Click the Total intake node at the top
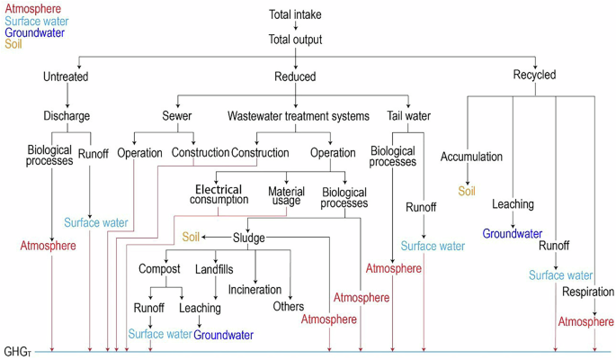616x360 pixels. pyautogui.click(x=295, y=14)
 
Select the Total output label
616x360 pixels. pyautogui.click(x=295, y=40)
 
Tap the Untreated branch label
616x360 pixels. pyautogui.click(x=66, y=76)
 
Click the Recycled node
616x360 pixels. pyautogui.click(x=534, y=75)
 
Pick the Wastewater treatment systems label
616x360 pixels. pyautogui.click(x=299, y=116)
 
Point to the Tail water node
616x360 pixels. pyautogui.click(x=408, y=116)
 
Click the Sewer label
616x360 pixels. pyautogui.click(x=177, y=116)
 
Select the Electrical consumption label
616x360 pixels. pyautogui.click(x=219, y=194)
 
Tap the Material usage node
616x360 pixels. pyautogui.click(x=286, y=194)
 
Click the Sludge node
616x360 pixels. pyautogui.click(x=248, y=238)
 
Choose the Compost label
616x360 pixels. pyautogui.click(x=159, y=269)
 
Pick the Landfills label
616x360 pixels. pyautogui.click(x=214, y=269)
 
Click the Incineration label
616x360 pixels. pyautogui.click(x=254, y=290)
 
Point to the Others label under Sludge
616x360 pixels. pyautogui.click(x=289, y=307)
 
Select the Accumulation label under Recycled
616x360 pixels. pyautogui.click(x=471, y=157)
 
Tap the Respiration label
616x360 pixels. pyautogui.click(x=588, y=292)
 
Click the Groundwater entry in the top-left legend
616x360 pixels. pyautogui.click(x=34, y=32)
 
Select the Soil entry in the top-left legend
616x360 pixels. pyautogui.click(x=13, y=44)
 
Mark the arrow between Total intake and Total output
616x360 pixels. pyautogui.click(x=295, y=27)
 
